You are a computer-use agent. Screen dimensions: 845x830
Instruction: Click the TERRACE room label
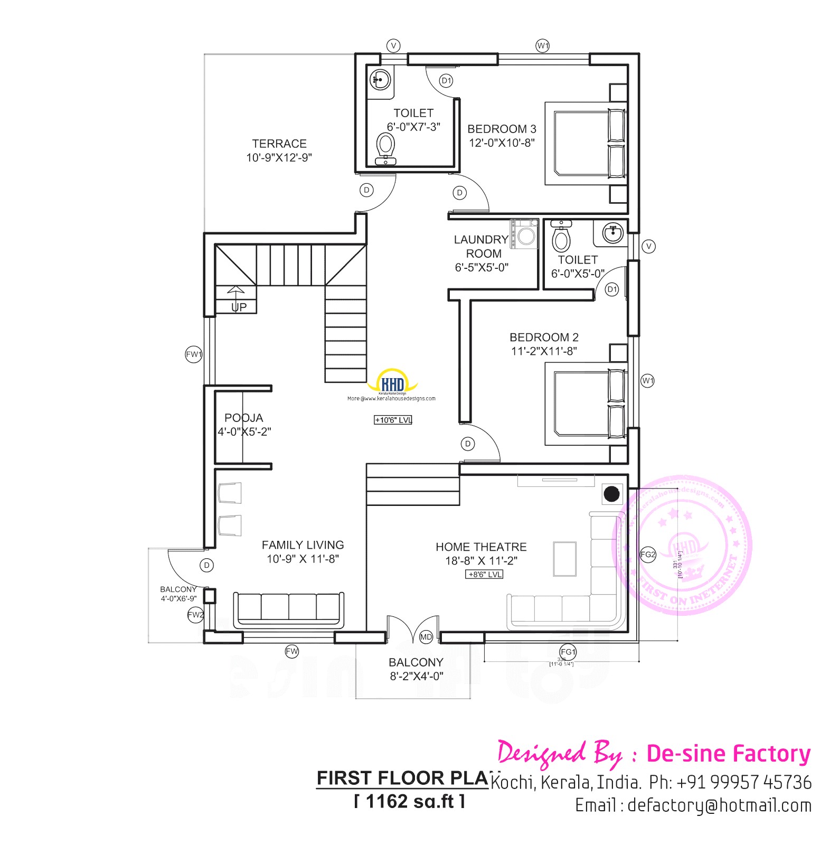279,144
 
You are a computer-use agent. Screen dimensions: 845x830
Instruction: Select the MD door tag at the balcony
426,637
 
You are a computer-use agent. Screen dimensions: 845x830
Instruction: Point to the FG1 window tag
568,652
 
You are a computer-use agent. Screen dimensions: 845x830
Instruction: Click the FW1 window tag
194,354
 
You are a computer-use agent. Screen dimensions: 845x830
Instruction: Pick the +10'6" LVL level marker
393,420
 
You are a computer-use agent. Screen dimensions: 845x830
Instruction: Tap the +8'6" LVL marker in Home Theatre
484,574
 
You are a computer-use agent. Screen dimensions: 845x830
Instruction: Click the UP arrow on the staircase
236,292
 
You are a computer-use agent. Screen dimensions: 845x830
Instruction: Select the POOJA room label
243,418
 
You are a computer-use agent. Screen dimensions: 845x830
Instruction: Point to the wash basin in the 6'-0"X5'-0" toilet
612,232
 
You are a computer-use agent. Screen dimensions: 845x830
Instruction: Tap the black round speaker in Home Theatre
611,494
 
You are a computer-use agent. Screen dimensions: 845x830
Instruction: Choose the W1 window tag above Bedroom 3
543,46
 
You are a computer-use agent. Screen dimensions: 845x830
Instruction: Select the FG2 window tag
648,555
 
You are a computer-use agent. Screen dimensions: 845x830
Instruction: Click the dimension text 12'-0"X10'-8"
502,143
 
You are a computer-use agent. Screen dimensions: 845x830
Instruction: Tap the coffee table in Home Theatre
564,558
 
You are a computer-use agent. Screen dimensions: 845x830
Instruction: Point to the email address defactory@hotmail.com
693,805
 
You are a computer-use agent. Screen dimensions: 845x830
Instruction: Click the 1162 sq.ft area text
410,801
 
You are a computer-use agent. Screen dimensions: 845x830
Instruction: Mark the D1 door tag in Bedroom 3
447,81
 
